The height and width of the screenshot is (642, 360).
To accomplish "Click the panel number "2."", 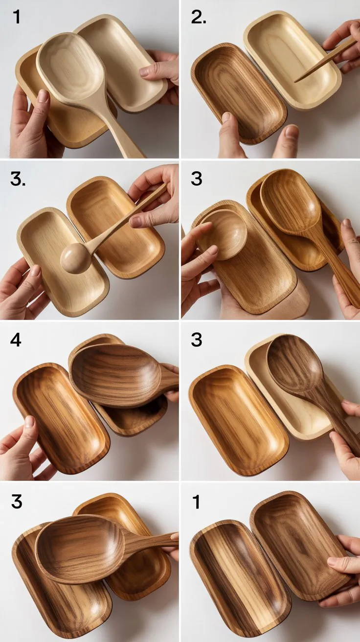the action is tap(199, 18).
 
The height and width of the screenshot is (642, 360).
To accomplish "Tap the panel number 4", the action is tap(16, 340).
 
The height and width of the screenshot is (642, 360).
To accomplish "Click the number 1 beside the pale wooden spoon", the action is tap(17, 17).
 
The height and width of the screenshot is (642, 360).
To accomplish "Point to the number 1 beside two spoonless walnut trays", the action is tap(197, 502).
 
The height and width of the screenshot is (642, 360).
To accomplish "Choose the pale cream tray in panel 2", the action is tap(292, 61).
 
